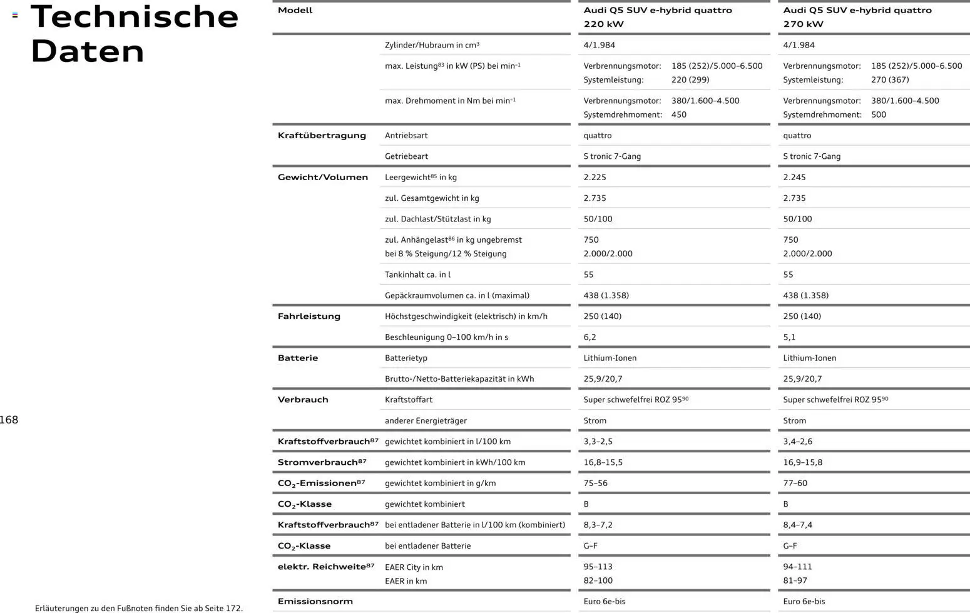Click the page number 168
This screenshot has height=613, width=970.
tap(9, 420)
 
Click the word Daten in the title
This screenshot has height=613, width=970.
tap(87, 51)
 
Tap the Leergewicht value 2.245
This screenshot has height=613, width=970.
tap(794, 177)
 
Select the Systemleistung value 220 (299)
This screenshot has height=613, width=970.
tap(690, 79)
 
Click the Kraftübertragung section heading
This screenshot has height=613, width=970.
tap(322, 135)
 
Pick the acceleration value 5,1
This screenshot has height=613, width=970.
tap(789, 337)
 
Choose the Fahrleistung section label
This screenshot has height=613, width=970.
tap(309, 316)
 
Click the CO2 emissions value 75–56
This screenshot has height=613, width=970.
tap(595, 483)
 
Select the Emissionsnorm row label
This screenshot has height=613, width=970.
tap(315, 601)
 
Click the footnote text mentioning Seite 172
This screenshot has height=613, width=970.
tap(138, 608)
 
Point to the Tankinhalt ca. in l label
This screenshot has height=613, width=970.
tap(417, 275)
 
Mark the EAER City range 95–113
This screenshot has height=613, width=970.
tap(598, 567)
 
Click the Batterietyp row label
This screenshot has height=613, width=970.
tap(406, 358)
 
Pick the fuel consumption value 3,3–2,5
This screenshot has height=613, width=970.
tap(598, 442)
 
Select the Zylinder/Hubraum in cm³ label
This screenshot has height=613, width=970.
tap(432, 45)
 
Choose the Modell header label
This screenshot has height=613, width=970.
tap(295, 10)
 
